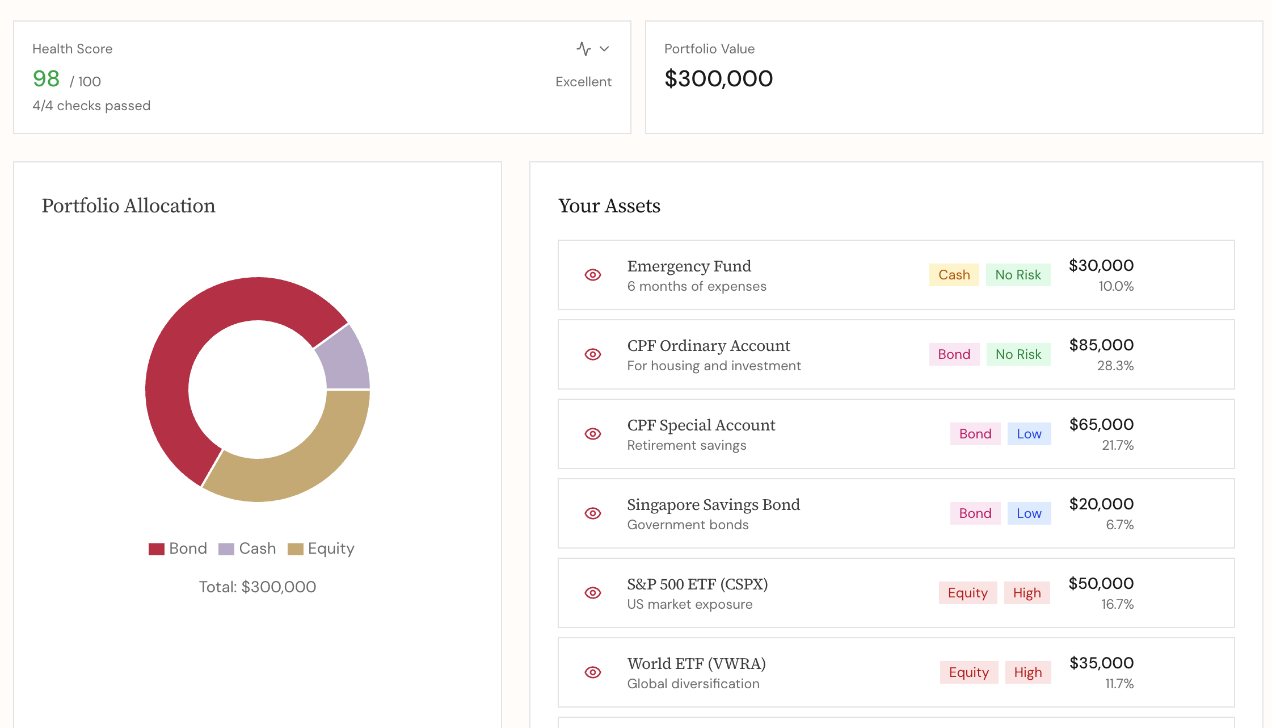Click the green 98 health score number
click(x=46, y=79)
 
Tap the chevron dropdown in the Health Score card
click(x=604, y=49)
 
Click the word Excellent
click(x=583, y=82)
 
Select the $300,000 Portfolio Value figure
click(x=718, y=78)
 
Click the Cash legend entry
click(x=247, y=549)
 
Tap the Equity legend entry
click(x=321, y=549)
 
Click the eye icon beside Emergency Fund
click(x=593, y=275)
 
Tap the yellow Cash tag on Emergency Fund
click(x=954, y=275)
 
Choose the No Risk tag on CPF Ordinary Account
click(x=1018, y=354)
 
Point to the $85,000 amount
click(x=1101, y=345)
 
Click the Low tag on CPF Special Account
click(x=1029, y=434)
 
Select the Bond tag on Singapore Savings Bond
click(x=975, y=513)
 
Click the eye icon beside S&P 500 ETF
click(x=593, y=593)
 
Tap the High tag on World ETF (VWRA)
click(x=1027, y=672)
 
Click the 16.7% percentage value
click(x=1117, y=604)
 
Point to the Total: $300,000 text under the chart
click(x=258, y=587)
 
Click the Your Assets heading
click(x=609, y=206)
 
